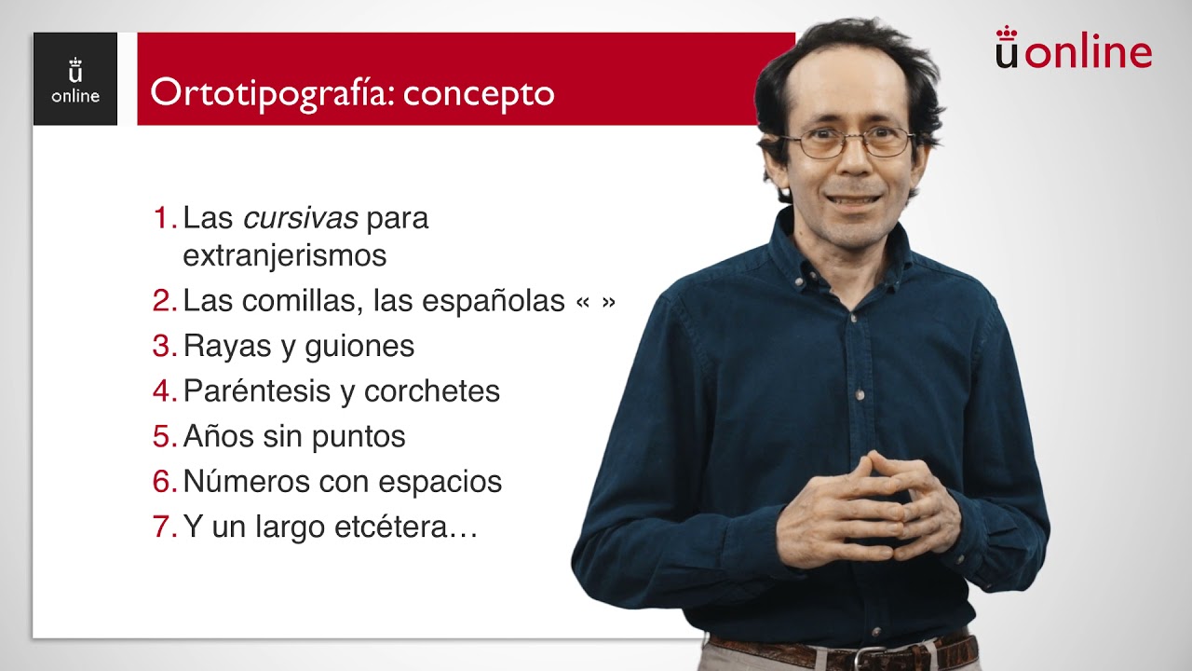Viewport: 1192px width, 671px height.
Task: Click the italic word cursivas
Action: pyautogui.click(x=301, y=219)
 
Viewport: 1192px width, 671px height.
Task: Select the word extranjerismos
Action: pyautogui.click(x=285, y=255)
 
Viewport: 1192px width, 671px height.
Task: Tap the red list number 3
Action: pyautogui.click(x=163, y=346)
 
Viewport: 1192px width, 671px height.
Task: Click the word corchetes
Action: pyautogui.click(x=432, y=391)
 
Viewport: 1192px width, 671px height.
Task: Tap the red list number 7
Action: pyautogui.click(x=163, y=527)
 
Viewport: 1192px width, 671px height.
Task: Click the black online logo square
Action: pyautogui.click(x=75, y=79)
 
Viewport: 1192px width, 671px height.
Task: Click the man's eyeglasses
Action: pyautogui.click(x=848, y=143)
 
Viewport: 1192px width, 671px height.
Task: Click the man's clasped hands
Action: pyautogui.click(x=866, y=508)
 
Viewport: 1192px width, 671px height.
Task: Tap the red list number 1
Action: pyautogui.click(x=163, y=219)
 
